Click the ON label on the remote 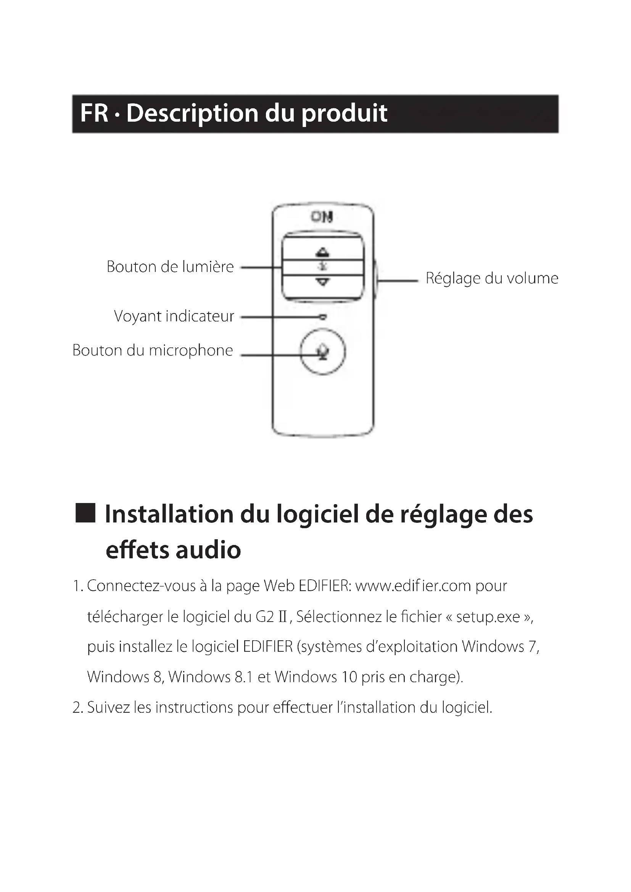pyautogui.click(x=322, y=217)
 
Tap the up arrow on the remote pyautogui.click(x=322, y=252)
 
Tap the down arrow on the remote pyautogui.click(x=322, y=282)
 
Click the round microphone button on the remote pyautogui.click(x=322, y=352)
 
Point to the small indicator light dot pyautogui.click(x=323, y=317)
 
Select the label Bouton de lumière pyautogui.click(x=170, y=267)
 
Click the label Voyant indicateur pyautogui.click(x=174, y=316)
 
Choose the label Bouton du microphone pyautogui.click(x=153, y=350)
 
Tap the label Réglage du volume pyautogui.click(x=492, y=278)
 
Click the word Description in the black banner pyautogui.click(x=192, y=113)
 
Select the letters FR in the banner pyautogui.click(x=94, y=113)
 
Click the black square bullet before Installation pyautogui.click(x=85, y=513)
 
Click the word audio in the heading pyautogui.click(x=208, y=550)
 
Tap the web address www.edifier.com pyautogui.click(x=413, y=586)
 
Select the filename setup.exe pyautogui.click(x=488, y=617)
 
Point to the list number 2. pyautogui.click(x=77, y=707)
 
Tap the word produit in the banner pyautogui.click(x=344, y=113)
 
